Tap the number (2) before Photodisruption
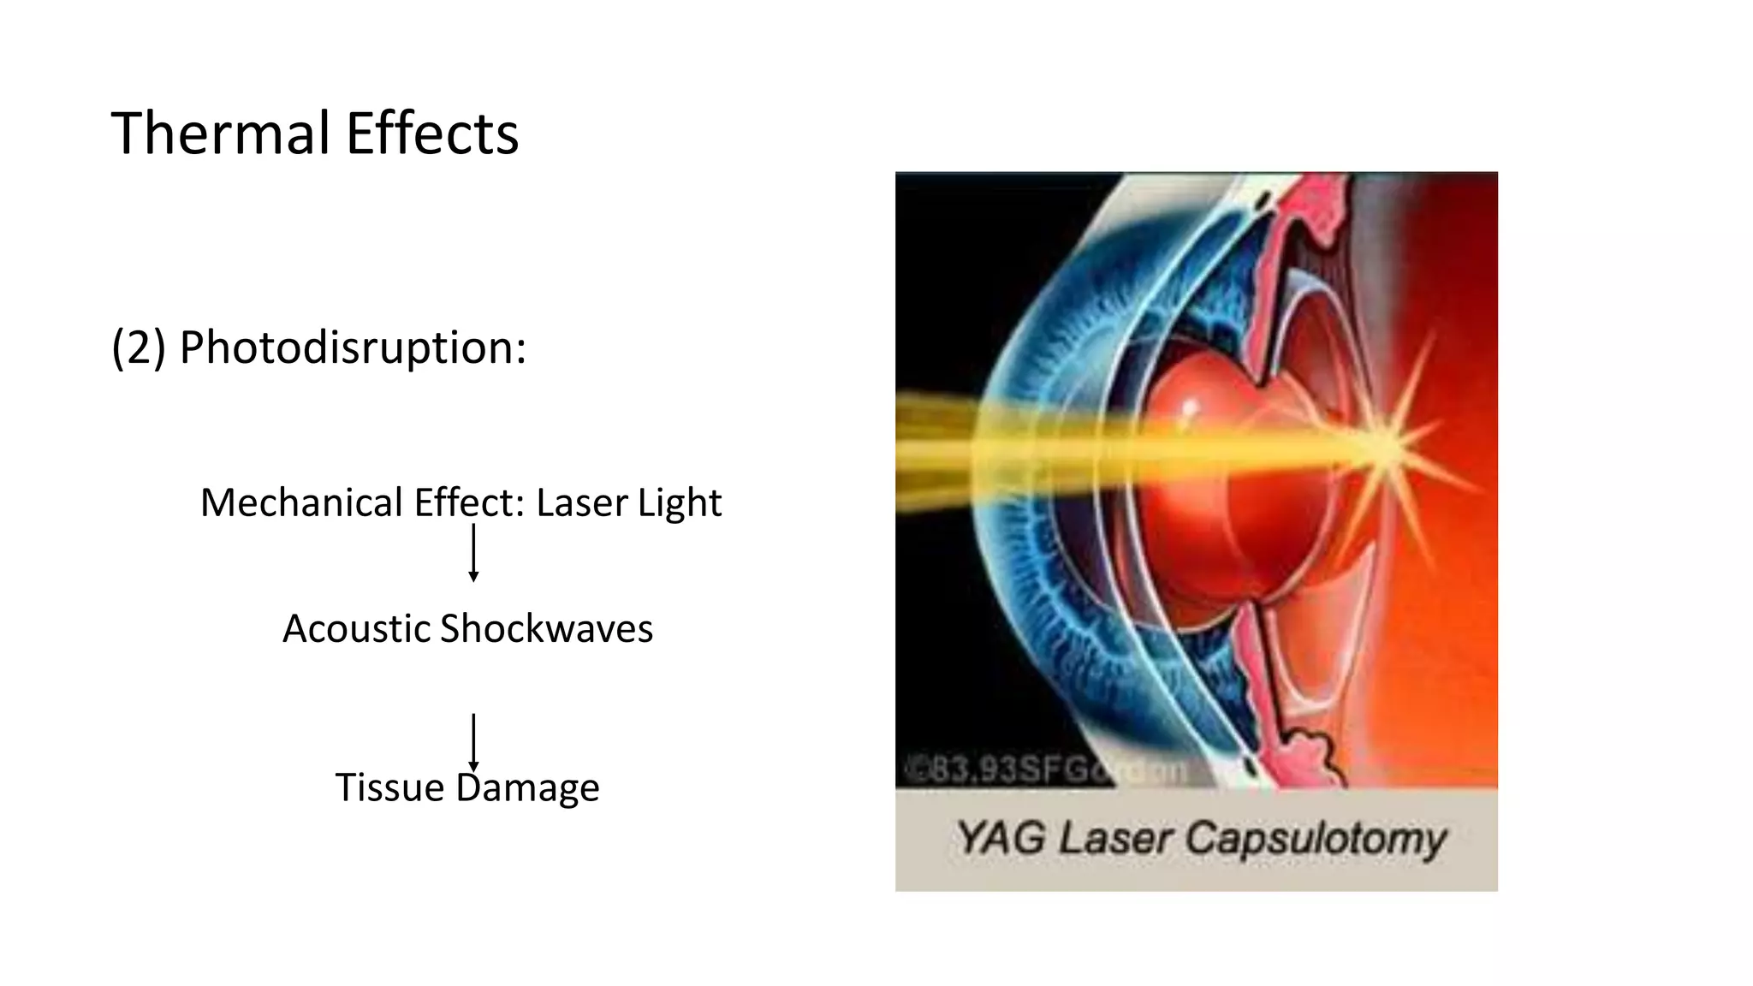pos(138,347)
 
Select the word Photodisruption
pos(353,348)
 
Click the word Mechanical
pos(302,502)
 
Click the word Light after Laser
pos(680,503)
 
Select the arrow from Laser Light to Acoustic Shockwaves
pos(473,553)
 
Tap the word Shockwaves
pos(546,629)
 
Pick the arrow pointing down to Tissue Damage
pos(473,742)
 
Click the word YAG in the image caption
pos(1001,838)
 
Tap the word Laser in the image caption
pos(1115,838)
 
